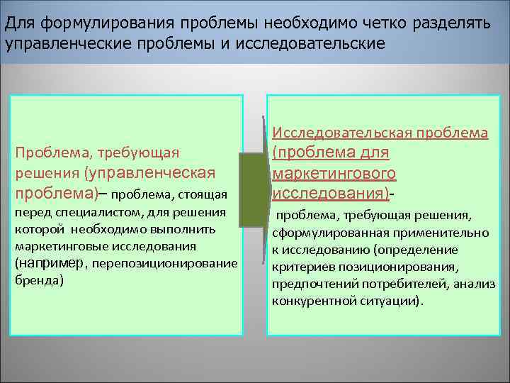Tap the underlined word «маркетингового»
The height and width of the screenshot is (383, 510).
pos(333,173)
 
